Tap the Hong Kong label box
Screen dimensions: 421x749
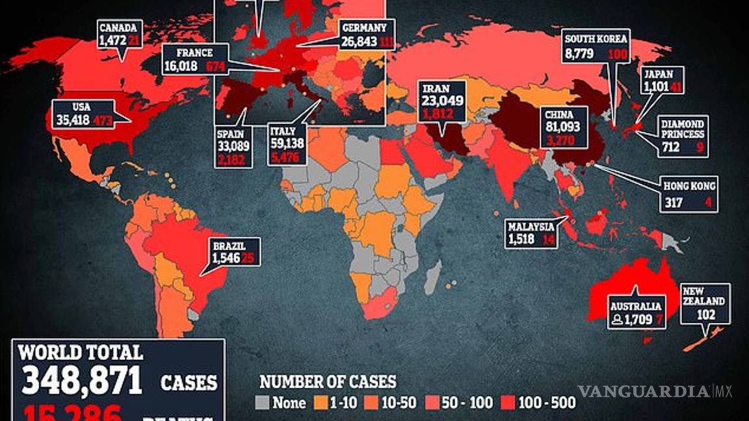click(689, 194)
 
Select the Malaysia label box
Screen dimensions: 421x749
click(532, 233)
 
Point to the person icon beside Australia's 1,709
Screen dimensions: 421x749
click(616, 319)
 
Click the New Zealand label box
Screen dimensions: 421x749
click(705, 303)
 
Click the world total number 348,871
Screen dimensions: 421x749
click(81, 380)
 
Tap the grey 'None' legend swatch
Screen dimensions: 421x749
click(264, 403)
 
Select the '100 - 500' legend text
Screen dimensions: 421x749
click(547, 403)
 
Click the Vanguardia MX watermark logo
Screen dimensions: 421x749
click(655, 391)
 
